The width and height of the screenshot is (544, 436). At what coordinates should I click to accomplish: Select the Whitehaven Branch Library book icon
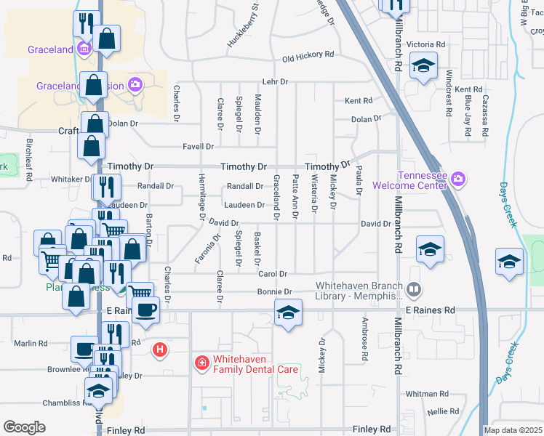414,291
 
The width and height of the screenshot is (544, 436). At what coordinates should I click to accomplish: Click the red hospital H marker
160,350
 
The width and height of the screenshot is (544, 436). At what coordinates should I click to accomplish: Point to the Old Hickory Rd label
308,55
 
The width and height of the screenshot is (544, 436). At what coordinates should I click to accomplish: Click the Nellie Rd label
443,411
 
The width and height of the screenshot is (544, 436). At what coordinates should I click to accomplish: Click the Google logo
24,427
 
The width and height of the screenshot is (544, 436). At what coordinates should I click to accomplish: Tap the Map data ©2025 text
513,430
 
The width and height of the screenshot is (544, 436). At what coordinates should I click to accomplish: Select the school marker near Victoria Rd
423,67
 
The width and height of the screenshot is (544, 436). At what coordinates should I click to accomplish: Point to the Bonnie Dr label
274,291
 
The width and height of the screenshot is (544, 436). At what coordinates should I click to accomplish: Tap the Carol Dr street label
273,274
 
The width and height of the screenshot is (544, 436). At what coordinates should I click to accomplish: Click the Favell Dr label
197,146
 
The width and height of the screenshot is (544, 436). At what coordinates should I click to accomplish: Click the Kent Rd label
359,101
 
